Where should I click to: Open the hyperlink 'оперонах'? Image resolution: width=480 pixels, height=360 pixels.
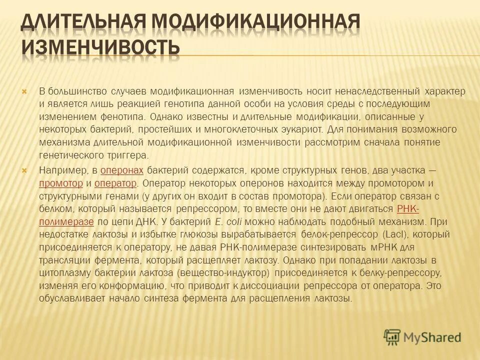coord(122,170)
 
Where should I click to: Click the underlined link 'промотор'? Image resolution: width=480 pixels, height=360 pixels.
coord(60,182)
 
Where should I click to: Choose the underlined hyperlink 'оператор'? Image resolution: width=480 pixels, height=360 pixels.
coord(115,182)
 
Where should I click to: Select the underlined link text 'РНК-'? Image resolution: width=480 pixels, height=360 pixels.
coord(408,208)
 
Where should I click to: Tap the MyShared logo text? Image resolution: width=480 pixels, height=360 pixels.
coord(432,337)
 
